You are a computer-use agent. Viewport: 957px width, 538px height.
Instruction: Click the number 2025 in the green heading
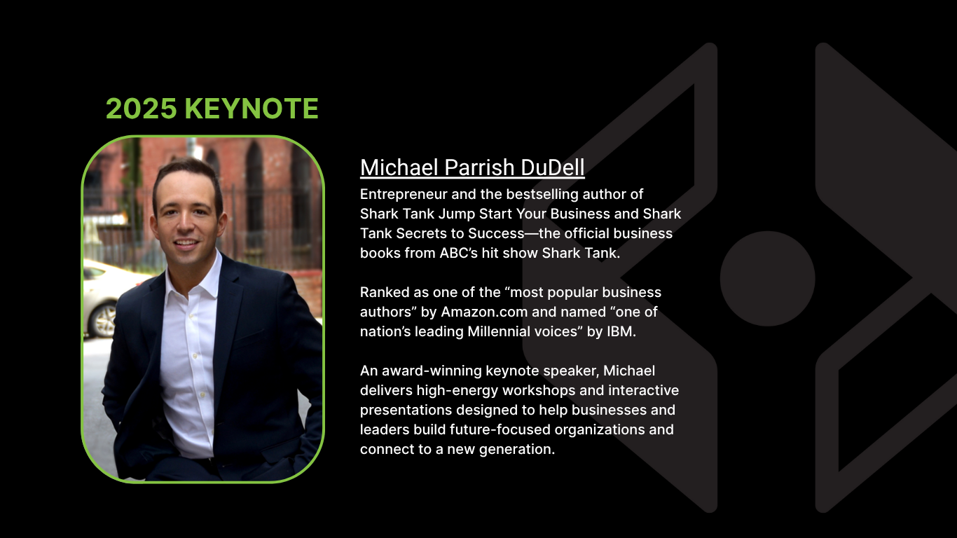pos(141,108)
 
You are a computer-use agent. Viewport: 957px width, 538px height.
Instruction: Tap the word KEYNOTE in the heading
pos(252,108)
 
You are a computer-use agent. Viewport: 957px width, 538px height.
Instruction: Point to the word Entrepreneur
pos(404,195)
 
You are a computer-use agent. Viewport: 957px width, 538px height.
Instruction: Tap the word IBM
pos(621,331)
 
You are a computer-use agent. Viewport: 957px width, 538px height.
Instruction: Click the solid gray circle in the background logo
pos(767,279)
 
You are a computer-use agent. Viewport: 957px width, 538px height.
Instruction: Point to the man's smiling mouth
pos(186,244)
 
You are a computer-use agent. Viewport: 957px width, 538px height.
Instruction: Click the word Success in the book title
pos(496,234)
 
